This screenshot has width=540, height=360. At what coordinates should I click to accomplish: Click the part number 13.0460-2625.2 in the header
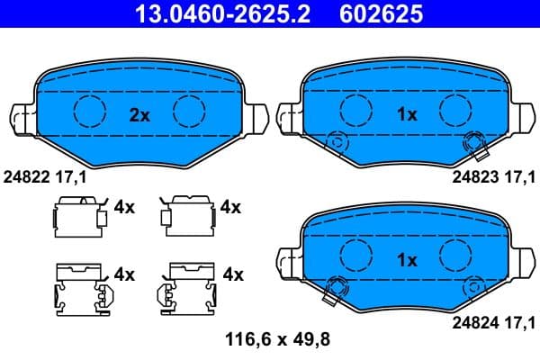(214, 14)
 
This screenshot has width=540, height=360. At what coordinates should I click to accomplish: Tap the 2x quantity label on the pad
(139, 114)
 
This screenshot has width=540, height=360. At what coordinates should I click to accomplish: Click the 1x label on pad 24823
(407, 114)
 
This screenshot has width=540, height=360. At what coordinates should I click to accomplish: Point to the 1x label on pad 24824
(407, 260)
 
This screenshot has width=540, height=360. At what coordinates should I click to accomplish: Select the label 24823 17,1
(492, 177)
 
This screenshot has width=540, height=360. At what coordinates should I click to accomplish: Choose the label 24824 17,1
(492, 320)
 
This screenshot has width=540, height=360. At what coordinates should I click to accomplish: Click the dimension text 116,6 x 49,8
(270, 339)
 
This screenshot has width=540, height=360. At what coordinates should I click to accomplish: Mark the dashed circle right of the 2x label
(190, 111)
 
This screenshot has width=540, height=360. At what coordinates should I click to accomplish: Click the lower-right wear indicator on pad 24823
(472, 141)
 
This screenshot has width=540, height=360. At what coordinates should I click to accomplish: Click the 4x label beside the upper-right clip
(230, 207)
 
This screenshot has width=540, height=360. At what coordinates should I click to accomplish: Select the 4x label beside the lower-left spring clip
(124, 274)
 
